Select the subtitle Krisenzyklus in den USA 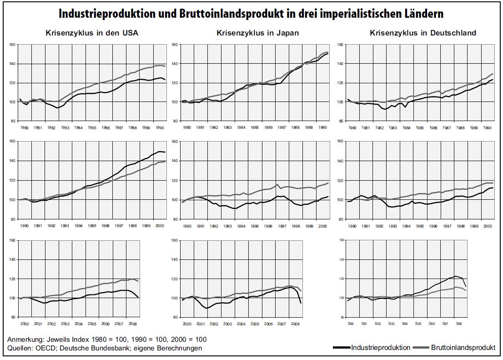click(x=92, y=33)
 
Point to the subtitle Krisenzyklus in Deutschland click(x=423, y=33)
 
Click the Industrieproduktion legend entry click(x=380, y=348)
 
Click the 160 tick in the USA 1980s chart click(x=12, y=45)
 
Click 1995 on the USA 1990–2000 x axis click(x=92, y=226)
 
